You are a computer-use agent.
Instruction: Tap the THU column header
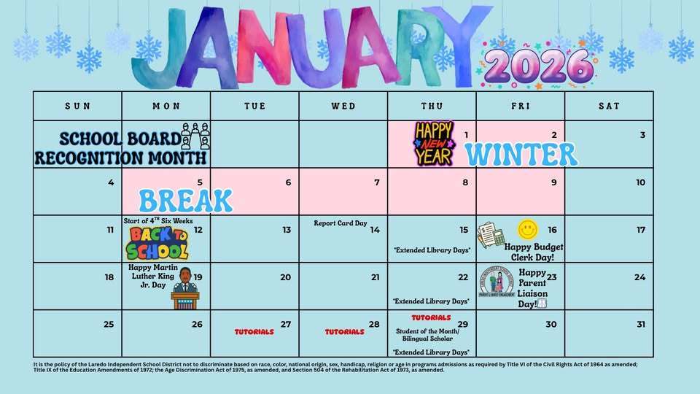[432, 106]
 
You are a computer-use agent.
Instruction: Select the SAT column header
[609, 106]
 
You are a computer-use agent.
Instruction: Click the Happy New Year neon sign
[434, 143]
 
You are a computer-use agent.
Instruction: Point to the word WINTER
[521, 154]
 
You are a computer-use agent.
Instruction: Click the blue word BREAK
[185, 200]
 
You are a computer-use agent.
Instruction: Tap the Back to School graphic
[158, 242]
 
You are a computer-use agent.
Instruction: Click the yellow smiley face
[528, 230]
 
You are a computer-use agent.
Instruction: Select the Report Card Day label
[341, 223]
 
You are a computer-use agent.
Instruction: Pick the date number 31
[640, 324]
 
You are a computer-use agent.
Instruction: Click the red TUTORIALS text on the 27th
[254, 331]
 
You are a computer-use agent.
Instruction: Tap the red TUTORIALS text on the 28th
[344, 331]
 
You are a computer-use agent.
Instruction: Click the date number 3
[642, 135]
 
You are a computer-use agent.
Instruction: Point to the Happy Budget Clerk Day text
[534, 252]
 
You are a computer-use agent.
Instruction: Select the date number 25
[109, 324]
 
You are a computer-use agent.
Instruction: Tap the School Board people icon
[195, 136]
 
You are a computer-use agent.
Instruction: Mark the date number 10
[640, 182]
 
